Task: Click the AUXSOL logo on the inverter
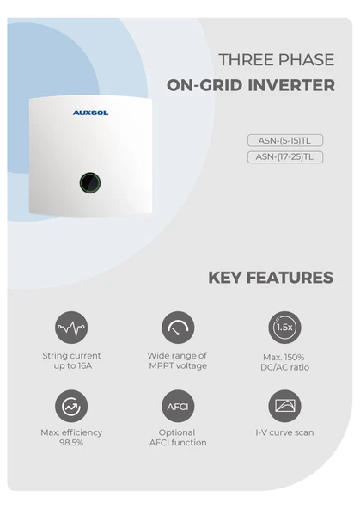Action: tap(90, 112)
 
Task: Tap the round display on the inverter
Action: tap(90, 182)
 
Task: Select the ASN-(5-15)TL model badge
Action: tap(284, 140)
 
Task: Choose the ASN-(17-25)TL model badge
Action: tap(284, 157)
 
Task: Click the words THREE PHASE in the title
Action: tap(277, 60)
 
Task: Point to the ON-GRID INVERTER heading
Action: tap(251, 86)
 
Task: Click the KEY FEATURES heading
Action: tap(271, 278)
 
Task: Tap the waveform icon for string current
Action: tap(71, 328)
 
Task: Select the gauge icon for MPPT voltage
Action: tap(178, 328)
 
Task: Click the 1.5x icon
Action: tap(284, 328)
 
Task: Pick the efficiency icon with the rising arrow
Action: tap(71, 406)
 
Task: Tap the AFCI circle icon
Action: tap(178, 406)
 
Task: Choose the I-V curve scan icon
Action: tap(284, 406)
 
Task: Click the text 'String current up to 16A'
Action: tap(71, 361)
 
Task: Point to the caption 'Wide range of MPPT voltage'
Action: tap(178, 361)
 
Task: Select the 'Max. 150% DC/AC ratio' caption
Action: tap(284, 362)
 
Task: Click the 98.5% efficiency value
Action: tap(71, 443)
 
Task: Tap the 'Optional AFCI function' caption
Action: tap(178, 438)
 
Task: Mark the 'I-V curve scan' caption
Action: tap(284, 432)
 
